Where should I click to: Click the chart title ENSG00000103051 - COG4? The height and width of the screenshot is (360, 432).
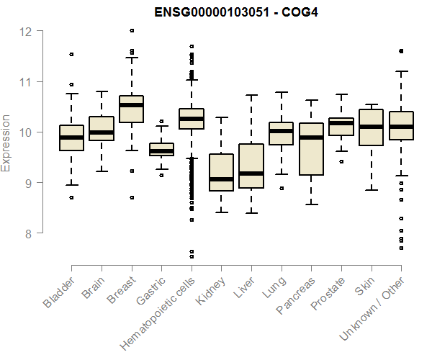coord(236,12)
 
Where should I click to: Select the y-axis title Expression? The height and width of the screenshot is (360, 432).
coord(6,143)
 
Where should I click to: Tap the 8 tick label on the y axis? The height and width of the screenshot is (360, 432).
coord(27,233)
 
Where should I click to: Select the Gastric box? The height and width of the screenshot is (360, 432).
coord(161,150)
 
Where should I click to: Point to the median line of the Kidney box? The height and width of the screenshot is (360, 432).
coord(221,179)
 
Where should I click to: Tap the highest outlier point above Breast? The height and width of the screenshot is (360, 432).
coord(131,31)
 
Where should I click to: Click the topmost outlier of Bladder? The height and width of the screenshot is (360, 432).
coord(71,55)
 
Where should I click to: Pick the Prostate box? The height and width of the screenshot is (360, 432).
coord(341,127)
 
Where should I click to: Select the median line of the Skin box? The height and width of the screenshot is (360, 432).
coord(371,127)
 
